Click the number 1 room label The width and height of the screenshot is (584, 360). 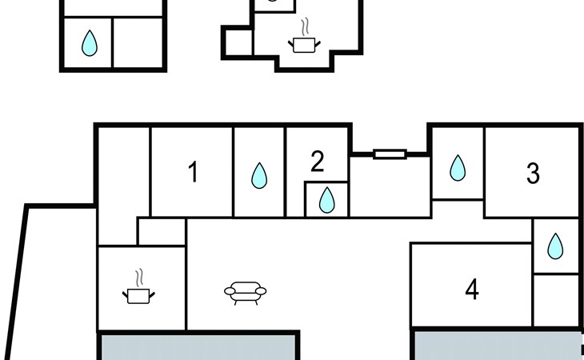pyautogui.click(x=193, y=172)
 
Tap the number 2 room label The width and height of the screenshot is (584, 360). pyautogui.click(x=317, y=162)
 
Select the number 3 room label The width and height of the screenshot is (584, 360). pyautogui.click(x=533, y=173)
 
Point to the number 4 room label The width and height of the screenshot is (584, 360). pyautogui.click(x=472, y=290)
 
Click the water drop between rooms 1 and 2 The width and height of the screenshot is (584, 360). pyautogui.click(x=259, y=175)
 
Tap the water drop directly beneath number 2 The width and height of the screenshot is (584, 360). pyautogui.click(x=326, y=199)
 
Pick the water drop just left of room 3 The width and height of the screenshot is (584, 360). pyautogui.click(x=458, y=167)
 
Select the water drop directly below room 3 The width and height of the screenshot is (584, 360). pyautogui.click(x=555, y=246)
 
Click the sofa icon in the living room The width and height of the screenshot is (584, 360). pyautogui.click(x=245, y=292)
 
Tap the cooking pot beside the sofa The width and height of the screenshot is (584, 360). pyautogui.click(x=139, y=295)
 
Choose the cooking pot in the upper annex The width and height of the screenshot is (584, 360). pyautogui.click(x=304, y=44)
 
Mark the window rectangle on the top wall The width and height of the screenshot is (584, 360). pyautogui.click(x=390, y=154)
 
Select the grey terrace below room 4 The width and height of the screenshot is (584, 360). pyautogui.click(x=497, y=346)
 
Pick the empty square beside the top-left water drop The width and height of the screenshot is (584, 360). pyautogui.click(x=138, y=43)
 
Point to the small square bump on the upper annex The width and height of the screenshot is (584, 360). pyautogui.click(x=238, y=42)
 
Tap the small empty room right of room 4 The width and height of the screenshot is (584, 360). pyautogui.click(x=555, y=299)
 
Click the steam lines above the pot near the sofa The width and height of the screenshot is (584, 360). pyautogui.click(x=140, y=278)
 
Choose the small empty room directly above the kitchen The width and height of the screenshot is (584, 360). pyautogui.click(x=161, y=232)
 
